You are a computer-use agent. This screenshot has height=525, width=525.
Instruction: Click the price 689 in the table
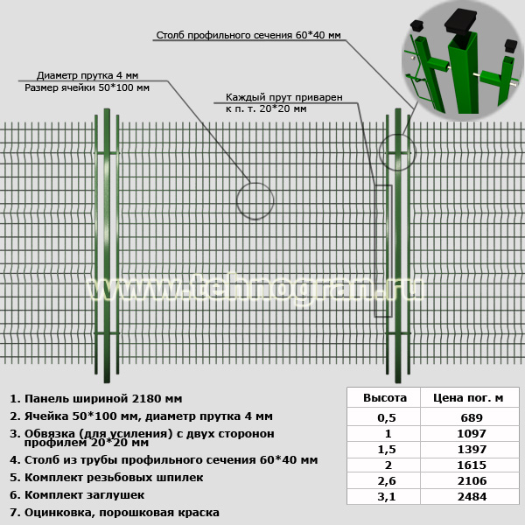point(472,417)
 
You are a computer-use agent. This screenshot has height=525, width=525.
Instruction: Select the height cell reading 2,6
point(387,480)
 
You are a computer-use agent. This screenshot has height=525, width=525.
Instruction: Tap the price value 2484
point(472,496)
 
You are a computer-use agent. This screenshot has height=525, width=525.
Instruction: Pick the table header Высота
point(385,398)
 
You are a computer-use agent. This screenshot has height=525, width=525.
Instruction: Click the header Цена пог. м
point(468,398)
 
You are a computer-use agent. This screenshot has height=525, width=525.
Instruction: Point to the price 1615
point(472,465)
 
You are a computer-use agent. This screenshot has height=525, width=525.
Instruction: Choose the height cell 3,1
point(387,496)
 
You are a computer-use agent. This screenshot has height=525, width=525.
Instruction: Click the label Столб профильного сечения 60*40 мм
point(248,35)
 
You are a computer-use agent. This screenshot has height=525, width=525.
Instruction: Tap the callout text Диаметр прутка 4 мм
point(87,75)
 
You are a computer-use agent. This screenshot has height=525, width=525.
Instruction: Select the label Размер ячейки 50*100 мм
point(87,87)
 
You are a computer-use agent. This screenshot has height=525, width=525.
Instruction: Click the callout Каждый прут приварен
point(283,97)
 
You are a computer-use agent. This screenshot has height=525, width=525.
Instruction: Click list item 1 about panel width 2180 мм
point(96,399)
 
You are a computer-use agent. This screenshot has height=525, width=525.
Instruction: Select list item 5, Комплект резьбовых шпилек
point(107,478)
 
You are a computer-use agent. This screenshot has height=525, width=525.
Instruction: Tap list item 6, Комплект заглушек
point(77,495)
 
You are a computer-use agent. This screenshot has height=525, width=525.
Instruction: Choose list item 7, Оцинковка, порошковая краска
point(115,513)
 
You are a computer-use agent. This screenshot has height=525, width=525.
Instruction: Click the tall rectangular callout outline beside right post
point(374,251)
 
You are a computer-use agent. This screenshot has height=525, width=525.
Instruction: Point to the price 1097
point(472,434)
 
